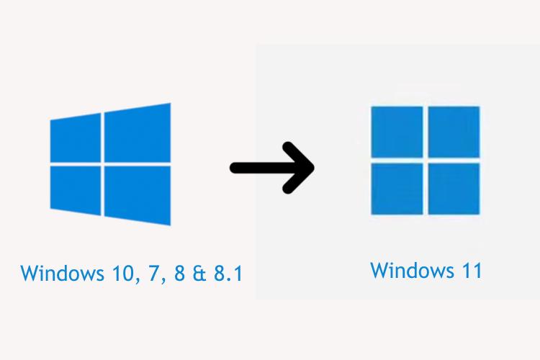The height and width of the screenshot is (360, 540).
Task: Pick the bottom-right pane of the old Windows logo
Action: tap(138, 193)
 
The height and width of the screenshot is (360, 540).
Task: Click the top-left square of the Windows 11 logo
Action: tap(396, 131)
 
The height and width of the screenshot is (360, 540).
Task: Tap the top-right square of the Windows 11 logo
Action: tap(454, 131)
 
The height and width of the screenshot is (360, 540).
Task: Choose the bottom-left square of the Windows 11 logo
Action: tap(396, 188)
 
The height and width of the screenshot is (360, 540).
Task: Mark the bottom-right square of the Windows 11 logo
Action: tap(454, 188)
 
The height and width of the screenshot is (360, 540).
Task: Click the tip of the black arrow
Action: tap(313, 168)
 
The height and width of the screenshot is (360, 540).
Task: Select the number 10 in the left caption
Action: tap(117, 274)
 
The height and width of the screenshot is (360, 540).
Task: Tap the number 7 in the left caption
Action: tap(150, 274)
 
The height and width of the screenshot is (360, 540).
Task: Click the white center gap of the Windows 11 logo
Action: tap(425, 160)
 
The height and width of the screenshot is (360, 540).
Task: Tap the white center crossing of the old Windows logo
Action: tap(103, 163)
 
